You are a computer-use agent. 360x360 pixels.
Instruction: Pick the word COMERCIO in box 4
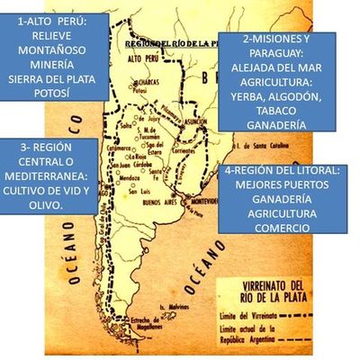click(x=283, y=228)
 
